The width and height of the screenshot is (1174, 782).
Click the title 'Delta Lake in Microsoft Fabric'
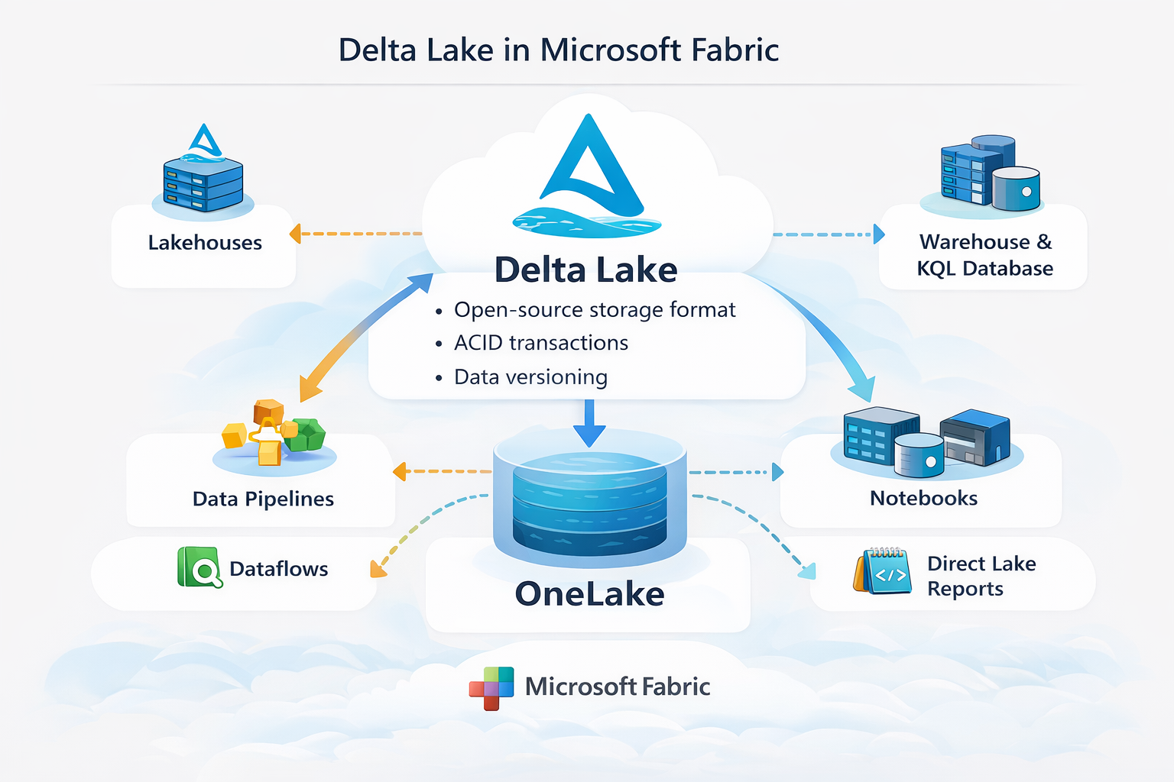click(x=558, y=50)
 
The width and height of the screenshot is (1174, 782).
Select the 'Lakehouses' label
click(x=205, y=243)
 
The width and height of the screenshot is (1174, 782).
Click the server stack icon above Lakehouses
click(x=203, y=182)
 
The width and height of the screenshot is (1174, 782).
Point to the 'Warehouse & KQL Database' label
click(x=985, y=255)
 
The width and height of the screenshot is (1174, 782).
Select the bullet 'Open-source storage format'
click(x=594, y=310)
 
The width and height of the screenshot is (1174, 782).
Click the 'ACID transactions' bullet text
click(x=540, y=344)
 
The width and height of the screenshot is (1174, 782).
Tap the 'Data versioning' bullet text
click(x=530, y=377)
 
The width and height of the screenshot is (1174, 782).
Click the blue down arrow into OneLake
click(x=589, y=424)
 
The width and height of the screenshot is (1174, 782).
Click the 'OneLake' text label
click(x=589, y=594)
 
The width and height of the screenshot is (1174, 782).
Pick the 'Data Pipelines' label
click(x=263, y=499)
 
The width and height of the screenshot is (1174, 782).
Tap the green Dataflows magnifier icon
click(x=199, y=567)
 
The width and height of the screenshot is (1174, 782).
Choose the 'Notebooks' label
click(x=923, y=499)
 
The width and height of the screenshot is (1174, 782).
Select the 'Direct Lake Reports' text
click(x=981, y=576)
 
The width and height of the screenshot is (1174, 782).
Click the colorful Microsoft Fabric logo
click(x=491, y=687)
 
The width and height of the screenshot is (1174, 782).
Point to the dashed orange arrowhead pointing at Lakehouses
click(x=295, y=234)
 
